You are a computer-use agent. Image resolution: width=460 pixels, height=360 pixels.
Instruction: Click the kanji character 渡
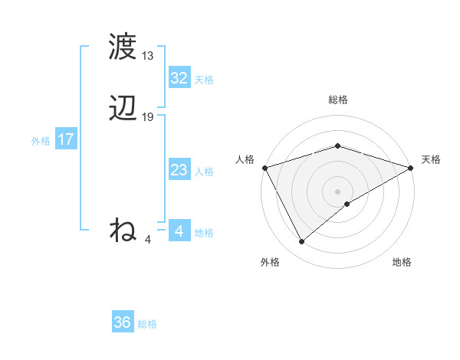pyautogui.click(x=123, y=47)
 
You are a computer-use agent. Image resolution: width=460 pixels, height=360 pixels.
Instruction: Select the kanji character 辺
pyautogui.click(x=123, y=109)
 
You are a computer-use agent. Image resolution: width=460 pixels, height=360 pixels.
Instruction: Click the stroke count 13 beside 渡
pyautogui.click(x=148, y=56)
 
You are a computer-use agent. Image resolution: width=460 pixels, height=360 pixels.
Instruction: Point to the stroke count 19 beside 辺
pyautogui.click(x=148, y=117)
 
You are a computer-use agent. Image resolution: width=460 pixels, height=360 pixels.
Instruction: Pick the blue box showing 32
pyautogui.click(x=179, y=78)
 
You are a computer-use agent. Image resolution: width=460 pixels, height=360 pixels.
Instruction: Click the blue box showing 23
pyautogui.click(x=179, y=170)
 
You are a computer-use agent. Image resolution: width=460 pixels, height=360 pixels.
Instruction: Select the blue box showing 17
pyautogui.click(x=65, y=139)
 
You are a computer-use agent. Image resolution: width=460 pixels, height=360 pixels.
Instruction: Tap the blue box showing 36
pyautogui.click(x=122, y=322)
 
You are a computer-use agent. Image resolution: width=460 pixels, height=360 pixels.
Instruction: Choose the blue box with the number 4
pyautogui.click(x=179, y=231)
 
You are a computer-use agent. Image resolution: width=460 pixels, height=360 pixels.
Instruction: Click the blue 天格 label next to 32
pyautogui.click(x=204, y=80)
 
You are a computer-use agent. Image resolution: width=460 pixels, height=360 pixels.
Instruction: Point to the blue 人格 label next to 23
pyautogui.click(x=204, y=172)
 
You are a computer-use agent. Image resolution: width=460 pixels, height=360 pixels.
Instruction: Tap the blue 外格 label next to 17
pyautogui.click(x=41, y=141)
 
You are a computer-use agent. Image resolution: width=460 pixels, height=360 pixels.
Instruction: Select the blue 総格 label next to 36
pyautogui.click(x=147, y=324)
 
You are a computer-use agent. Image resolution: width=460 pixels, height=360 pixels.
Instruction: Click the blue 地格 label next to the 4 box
pyautogui.click(x=204, y=233)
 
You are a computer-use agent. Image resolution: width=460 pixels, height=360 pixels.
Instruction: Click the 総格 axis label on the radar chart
pyautogui.click(x=337, y=100)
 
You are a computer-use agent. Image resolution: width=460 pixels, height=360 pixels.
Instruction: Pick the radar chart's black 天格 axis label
pyautogui.click(x=431, y=159)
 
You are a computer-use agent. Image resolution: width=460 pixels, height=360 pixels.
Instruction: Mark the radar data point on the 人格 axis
pyautogui.click(x=264, y=167)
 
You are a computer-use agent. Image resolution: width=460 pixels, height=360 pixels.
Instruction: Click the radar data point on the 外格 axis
pyautogui.click(x=301, y=242)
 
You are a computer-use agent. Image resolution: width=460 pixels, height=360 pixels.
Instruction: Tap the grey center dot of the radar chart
pyautogui.click(x=337, y=191)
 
